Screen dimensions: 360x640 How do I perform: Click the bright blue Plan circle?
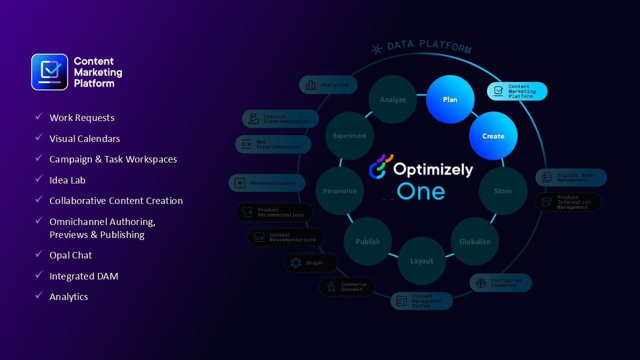pyautogui.click(x=450, y=99)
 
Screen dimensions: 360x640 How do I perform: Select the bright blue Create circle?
pyautogui.click(x=493, y=136)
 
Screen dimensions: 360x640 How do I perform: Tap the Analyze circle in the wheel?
pyautogui.click(x=392, y=99)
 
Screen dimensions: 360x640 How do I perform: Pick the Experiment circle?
pyautogui.click(x=349, y=136)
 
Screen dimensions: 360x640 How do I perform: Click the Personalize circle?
pyautogui.click(x=340, y=191)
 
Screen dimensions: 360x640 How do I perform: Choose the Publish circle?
pyautogui.click(x=367, y=241)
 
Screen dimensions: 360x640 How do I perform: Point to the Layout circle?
pyautogui.click(x=421, y=261)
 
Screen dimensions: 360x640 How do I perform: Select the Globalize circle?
pyautogui.click(x=474, y=241)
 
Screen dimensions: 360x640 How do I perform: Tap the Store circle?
pyautogui.click(x=502, y=191)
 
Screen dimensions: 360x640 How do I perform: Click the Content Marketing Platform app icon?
pyautogui.click(x=49, y=72)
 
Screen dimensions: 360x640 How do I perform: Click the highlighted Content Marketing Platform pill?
pyautogui.click(x=517, y=91)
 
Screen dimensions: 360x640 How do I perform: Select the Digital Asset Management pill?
pyautogui.click(x=571, y=177)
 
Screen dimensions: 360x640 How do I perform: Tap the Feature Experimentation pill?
pyautogui.click(x=280, y=119)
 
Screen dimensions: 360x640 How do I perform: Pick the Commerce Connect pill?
pyautogui.click(x=347, y=286)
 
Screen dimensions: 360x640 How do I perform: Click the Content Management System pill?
pyautogui.click(x=421, y=301)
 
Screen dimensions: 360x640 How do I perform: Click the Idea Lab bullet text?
pyautogui.click(x=67, y=180)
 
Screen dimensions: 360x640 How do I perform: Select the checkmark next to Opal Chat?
pyautogui.click(x=38, y=254)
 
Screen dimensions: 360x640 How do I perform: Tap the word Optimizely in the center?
pyautogui.click(x=432, y=169)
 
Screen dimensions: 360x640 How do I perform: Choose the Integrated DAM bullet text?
pyautogui.click(x=83, y=276)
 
